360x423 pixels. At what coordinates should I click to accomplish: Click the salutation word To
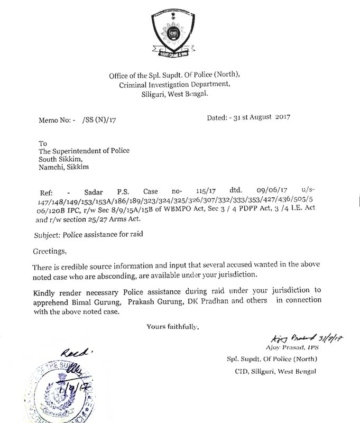point(43,143)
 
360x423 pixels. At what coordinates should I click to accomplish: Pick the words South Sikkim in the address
point(61,159)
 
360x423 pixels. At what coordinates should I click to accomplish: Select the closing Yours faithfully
point(172,326)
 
